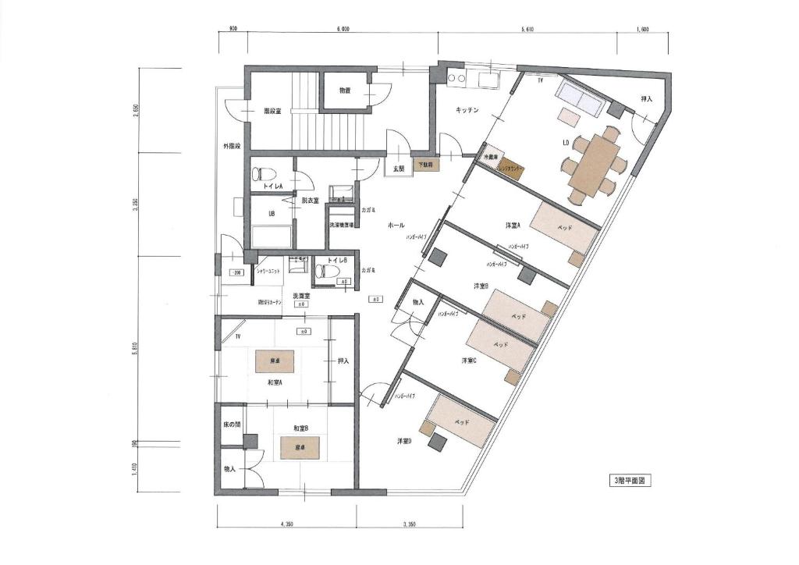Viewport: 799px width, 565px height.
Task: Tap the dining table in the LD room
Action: tap(595, 167)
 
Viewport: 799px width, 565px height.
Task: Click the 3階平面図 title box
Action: tap(628, 481)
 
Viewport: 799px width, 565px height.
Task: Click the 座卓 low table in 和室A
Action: tap(275, 361)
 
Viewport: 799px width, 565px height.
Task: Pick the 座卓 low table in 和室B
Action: tap(300, 448)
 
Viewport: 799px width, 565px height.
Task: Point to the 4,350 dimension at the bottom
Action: tap(286, 524)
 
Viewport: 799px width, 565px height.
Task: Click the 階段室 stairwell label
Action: tap(272, 110)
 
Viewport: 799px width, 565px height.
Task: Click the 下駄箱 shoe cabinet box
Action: tap(424, 165)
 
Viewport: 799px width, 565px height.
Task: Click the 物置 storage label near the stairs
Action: tap(344, 91)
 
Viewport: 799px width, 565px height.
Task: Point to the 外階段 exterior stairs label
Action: tap(232, 146)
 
